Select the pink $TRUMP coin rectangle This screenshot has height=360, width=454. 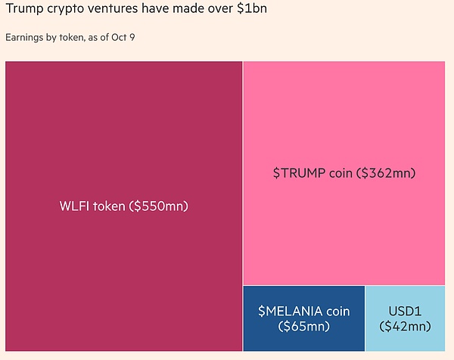pos(344,121)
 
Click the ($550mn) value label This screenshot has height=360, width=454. pos(159,206)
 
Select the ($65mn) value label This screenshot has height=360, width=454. pos(303,327)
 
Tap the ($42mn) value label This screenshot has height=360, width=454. pos(405,327)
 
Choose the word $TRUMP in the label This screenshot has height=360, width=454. pos(298,173)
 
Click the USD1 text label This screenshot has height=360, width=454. pos(405,311)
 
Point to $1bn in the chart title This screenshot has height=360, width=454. pos(250,10)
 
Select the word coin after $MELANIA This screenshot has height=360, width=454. pos(336,311)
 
